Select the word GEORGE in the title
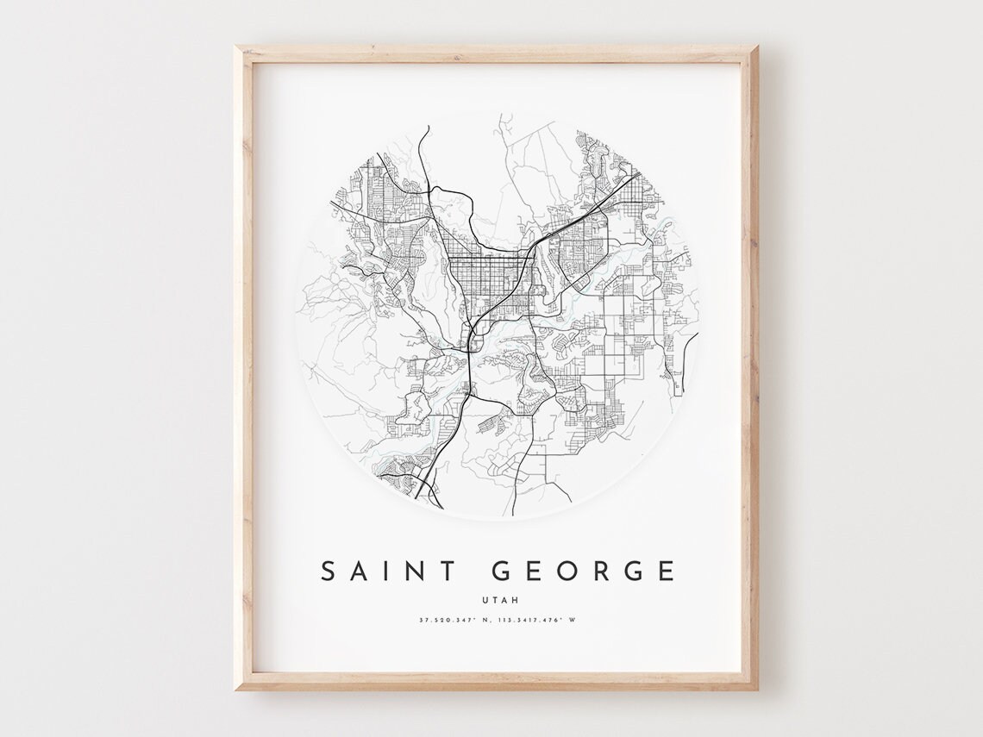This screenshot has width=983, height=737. click(583, 571)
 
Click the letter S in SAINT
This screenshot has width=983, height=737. click(329, 571)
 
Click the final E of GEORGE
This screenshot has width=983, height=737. click(667, 571)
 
